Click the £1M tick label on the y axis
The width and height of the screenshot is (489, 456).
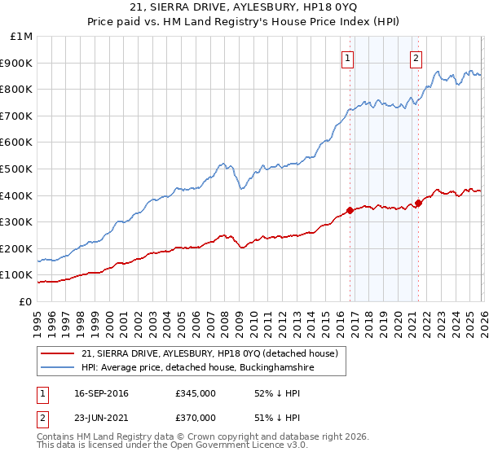pyautogui.click(x=22, y=37)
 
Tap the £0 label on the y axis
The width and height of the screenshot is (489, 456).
pyautogui.click(x=26, y=301)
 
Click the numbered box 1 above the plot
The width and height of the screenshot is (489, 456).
pyautogui.click(x=348, y=57)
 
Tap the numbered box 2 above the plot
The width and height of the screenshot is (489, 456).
pyautogui.click(x=416, y=57)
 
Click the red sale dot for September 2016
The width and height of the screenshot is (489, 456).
pyautogui.click(x=350, y=210)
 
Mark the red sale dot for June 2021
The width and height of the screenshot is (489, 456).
pyautogui.click(x=418, y=204)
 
